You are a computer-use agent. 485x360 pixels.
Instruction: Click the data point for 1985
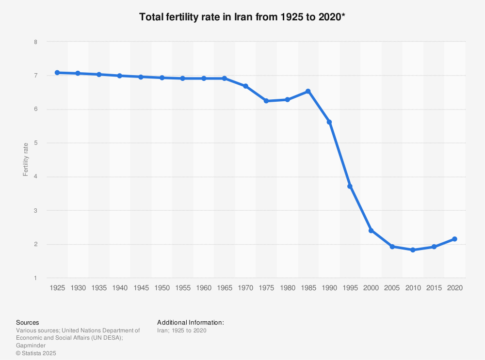pos(308,91)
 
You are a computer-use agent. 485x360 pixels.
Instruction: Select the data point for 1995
pos(350,187)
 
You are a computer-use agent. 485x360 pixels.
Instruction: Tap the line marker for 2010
pos(413,250)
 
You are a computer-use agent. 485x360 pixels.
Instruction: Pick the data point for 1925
pos(57,73)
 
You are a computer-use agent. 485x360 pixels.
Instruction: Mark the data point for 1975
pos(266,101)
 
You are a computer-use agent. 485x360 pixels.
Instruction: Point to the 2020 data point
pos(454,239)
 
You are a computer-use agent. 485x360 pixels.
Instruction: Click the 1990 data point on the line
pos(329,122)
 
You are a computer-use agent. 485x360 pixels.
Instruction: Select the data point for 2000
pos(371,231)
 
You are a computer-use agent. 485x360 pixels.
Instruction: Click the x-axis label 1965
pos(225,288)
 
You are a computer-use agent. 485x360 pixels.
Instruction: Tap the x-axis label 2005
pos(392,288)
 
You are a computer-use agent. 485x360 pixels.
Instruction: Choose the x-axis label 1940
pos(120,288)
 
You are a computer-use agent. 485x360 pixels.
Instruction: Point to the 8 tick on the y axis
pos(35,42)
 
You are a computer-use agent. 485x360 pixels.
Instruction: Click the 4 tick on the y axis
pos(35,177)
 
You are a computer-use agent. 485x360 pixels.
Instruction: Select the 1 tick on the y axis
pos(35,278)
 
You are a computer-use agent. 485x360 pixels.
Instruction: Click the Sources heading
pos(28,322)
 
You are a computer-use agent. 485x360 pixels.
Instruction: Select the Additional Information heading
pos(191,322)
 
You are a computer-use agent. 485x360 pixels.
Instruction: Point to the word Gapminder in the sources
pos(31,345)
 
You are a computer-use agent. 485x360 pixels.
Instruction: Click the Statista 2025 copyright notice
pos(36,353)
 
